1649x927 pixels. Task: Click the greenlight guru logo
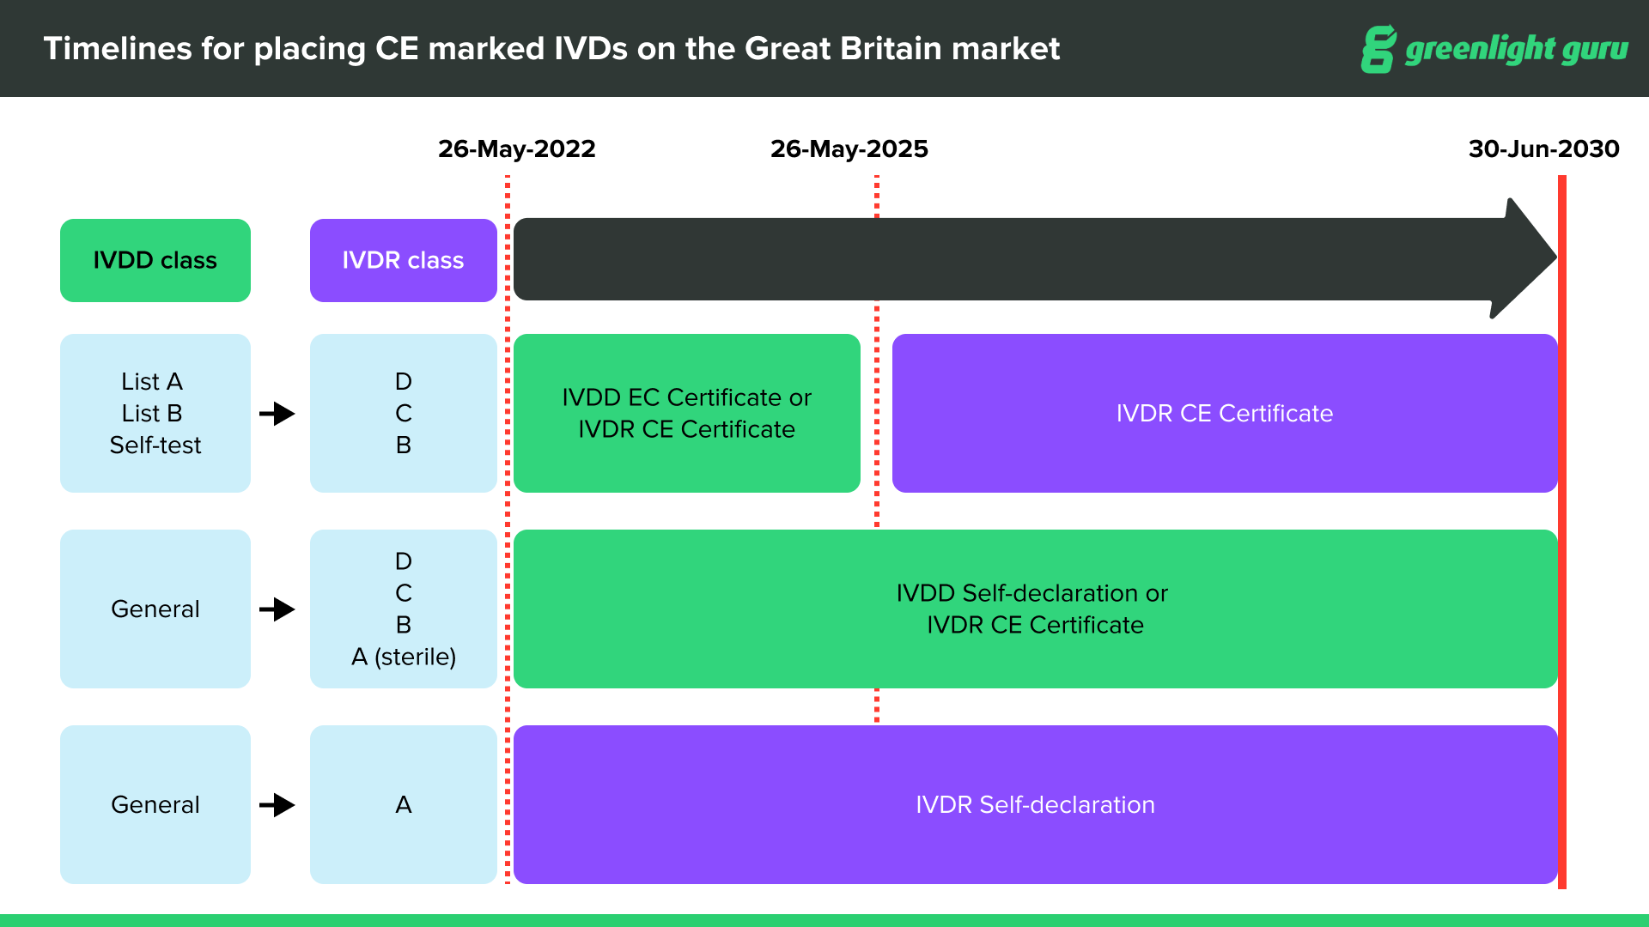click(x=1494, y=49)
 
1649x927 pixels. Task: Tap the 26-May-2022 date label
click(x=516, y=148)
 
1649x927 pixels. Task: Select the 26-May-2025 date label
click(x=849, y=148)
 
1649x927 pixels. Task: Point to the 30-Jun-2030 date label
click(x=1543, y=148)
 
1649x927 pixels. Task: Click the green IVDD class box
click(x=155, y=260)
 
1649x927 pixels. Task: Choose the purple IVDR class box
click(x=403, y=260)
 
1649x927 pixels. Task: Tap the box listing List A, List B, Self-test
click(x=155, y=413)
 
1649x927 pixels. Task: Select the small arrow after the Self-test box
click(x=277, y=414)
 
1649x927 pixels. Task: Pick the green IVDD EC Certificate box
click(x=686, y=413)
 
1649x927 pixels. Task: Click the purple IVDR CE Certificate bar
click(x=1224, y=413)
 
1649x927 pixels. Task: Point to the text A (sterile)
click(x=404, y=657)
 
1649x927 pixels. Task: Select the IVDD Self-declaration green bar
click(x=1035, y=609)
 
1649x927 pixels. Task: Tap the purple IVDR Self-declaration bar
click(x=1035, y=804)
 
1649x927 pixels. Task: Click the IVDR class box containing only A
click(x=403, y=804)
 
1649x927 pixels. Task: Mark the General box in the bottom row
click(x=155, y=804)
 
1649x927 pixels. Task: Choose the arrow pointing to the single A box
click(x=277, y=805)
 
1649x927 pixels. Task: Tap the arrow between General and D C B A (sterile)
click(x=277, y=609)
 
